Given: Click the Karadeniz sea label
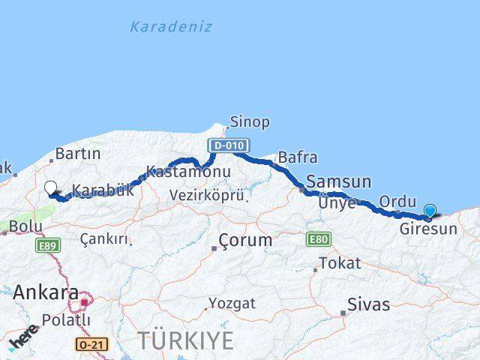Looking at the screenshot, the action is pos(170,27).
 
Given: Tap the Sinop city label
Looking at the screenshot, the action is pos(250,121).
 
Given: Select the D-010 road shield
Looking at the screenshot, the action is pos(229,145).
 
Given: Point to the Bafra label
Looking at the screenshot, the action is pos(297,158).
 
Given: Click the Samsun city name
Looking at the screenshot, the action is pos(339,181).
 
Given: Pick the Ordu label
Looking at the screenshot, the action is pos(397,202).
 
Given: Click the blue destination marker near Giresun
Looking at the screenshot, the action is pos(430,211).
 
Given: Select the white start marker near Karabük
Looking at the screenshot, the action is pos(51,188).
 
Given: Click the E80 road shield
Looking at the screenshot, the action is pos(318,239).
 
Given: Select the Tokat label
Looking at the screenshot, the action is pos(340,263).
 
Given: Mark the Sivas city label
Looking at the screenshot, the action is pos(368,304).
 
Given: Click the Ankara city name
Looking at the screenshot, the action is pos(46,292).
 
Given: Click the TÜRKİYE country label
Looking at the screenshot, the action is pos(185,340).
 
